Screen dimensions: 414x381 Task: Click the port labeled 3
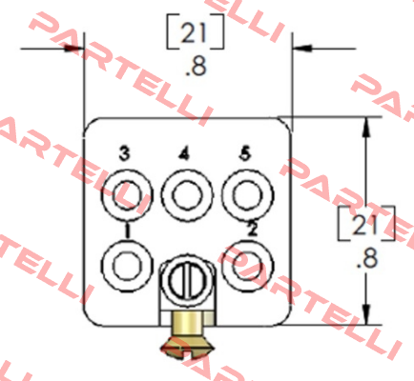click(127, 194)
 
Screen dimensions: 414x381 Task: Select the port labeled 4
click(187, 194)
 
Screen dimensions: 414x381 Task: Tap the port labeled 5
click(248, 194)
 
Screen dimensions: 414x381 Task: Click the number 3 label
click(125, 153)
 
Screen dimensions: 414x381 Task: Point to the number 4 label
click(184, 153)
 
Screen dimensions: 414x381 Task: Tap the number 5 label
click(245, 153)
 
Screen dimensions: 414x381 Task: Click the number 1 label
click(127, 231)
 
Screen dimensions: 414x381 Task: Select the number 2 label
click(252, 229)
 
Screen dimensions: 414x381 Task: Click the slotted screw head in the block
click(187, 279)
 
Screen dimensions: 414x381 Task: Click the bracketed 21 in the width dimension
click(196, 32)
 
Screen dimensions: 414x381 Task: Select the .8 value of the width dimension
click(196, 67)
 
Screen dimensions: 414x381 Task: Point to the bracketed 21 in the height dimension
click(366, 224)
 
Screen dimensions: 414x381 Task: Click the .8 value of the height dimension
click(367, 258)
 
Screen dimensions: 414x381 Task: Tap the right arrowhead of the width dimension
click(302, 49)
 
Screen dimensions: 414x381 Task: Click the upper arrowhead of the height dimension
click(366, 127)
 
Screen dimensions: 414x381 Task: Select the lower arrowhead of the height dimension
click(366, 315)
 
